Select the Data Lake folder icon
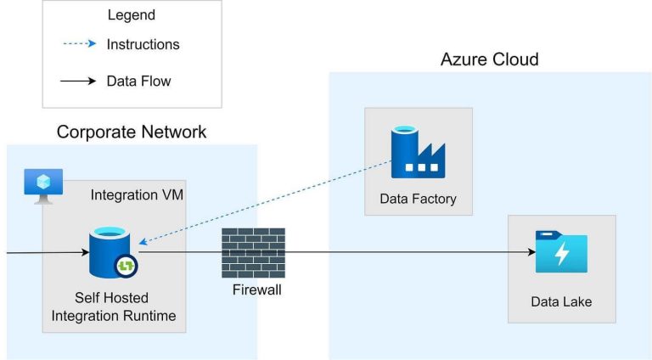(x=561, y=251)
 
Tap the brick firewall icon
(x=253, y=252)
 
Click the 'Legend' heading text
(x=131, y=15)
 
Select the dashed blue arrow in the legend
(x=81, y=44)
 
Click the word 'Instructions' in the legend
(x=143, y=44)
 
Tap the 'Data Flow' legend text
(x=138, y=82)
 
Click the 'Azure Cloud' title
(x=489, y=59)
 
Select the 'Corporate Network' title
(x=132, y=132)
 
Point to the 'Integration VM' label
(x=137, y=195)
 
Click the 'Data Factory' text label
(x=418, y=199)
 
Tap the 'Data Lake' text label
(x=561, y=301)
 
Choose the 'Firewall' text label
(x=256, y=290)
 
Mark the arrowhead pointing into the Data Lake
(x=530, y=252)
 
